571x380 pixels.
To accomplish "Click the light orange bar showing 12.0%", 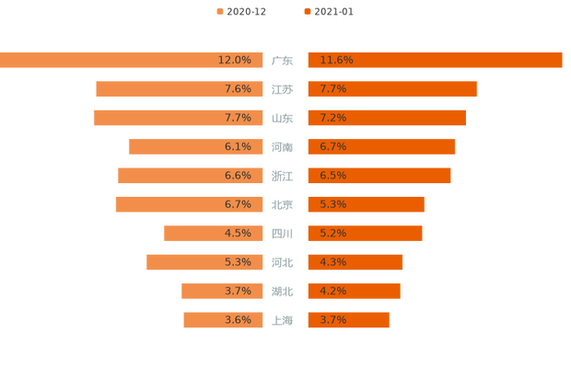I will (129, 60).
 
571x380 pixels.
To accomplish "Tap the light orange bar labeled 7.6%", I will (180, 89).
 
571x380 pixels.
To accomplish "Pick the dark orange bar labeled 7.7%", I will (392, 89).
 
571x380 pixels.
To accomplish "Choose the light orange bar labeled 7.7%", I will (178, 118).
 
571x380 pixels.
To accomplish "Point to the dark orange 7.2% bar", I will (387, 118).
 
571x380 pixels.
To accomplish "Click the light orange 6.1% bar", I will (195, 146).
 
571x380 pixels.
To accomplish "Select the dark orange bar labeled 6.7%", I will (381, 146).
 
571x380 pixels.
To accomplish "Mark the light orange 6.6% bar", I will (190, 176).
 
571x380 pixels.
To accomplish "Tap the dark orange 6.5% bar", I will (379, 176).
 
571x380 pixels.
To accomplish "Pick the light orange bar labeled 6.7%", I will (189, 204).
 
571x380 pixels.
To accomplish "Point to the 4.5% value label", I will (238, 233).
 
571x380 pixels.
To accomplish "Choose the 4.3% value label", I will (332, 262).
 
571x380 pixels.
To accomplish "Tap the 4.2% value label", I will (332, 291).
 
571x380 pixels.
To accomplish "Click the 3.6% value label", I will (238, 320).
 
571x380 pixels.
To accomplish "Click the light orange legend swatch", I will (218, 11).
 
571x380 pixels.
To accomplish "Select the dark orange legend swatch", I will (306, 11).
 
